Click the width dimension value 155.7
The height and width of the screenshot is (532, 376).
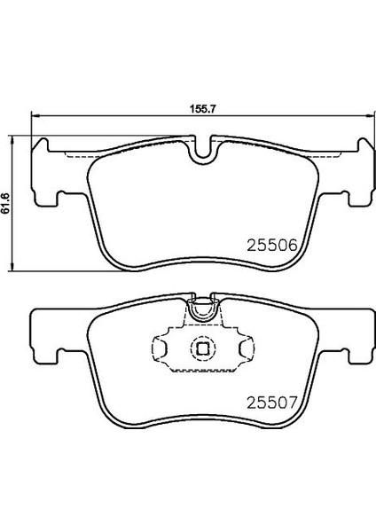202,109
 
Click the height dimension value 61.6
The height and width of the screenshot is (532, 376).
6,203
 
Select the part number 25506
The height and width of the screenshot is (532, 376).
272,245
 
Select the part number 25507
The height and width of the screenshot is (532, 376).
272,403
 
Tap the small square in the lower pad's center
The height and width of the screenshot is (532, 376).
202,348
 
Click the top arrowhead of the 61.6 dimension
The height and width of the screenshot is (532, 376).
12,141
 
